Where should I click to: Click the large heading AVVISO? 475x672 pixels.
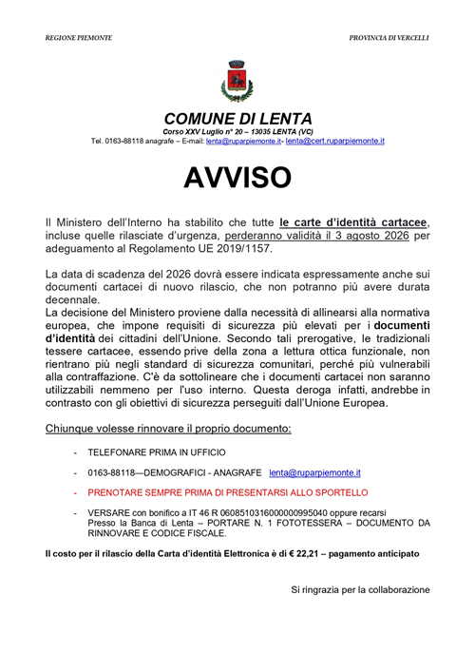coord(237,177)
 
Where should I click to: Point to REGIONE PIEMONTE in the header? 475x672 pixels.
coord(79,37)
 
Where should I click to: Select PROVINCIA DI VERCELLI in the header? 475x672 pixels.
coord(389,37)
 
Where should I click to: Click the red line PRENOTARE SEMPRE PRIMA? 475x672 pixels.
coord(227,493)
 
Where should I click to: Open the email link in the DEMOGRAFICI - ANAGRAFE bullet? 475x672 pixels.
coord(314,472)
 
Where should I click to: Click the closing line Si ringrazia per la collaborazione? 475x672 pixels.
coord(360,590)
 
